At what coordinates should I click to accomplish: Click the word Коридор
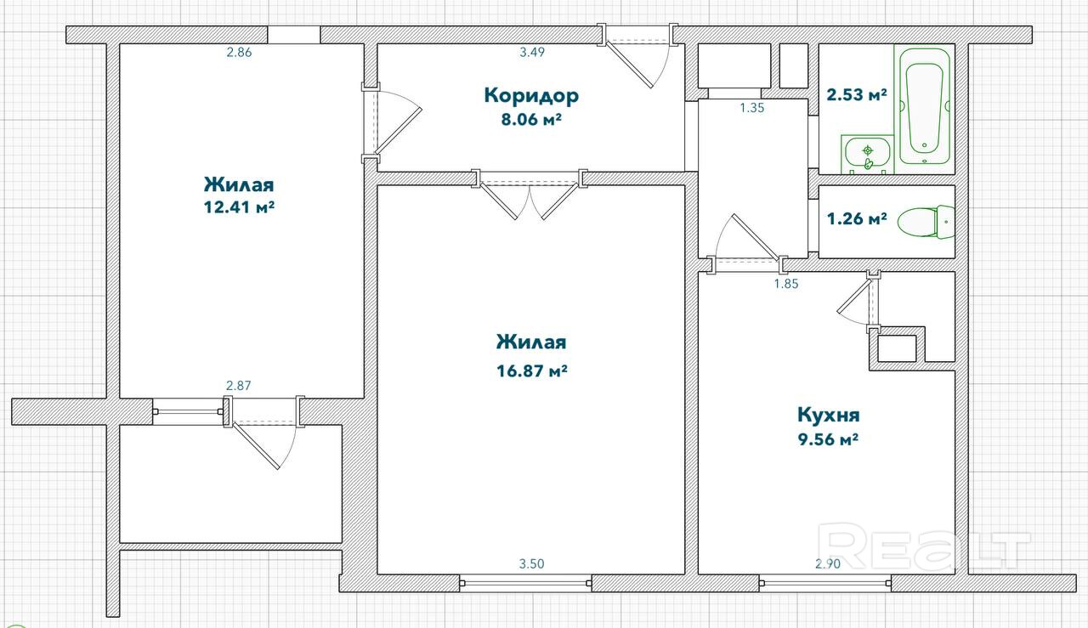pos(531,96)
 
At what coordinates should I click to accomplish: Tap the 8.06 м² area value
pos(531,119)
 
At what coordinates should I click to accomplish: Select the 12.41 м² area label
pos(239,207)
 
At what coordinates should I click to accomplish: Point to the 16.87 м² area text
pos(532,371)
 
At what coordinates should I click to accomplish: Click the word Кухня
pos(829,416)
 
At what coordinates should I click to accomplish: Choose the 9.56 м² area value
pos(828,439)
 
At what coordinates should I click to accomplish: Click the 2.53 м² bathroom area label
pos(857,94)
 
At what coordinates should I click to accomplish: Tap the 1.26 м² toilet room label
pos(857,219)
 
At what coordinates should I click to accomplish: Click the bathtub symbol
pos(924,106)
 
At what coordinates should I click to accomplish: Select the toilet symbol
pos(926,222)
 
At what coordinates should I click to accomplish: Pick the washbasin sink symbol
pos(868,154)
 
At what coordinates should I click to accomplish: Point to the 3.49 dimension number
pos(532,53)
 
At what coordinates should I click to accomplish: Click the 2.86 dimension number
pos(239,53)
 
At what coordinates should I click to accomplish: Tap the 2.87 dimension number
pos(239,386)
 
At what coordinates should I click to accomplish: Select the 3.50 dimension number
pos(531,564)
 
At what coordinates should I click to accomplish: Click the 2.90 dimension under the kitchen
pos(828,564)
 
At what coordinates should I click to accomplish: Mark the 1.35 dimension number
pos(752,108)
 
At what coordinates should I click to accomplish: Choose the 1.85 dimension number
pos(786,284)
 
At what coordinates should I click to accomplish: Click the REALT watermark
pos(923,546)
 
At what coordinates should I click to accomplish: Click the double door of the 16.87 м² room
pos(530,195)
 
